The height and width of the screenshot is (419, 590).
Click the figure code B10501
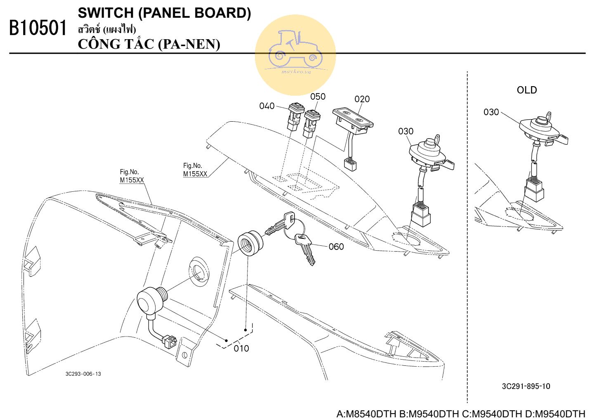38,28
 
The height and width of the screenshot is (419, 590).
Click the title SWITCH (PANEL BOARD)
164,13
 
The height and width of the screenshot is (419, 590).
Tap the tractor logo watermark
295,54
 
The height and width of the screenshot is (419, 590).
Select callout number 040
267,106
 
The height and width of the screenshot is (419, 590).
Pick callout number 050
318,96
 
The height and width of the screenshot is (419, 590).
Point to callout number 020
362,99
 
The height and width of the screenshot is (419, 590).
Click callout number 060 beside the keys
336,247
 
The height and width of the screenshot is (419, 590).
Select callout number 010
241,348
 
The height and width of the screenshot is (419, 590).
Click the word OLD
527,90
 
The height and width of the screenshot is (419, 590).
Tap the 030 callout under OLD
491,112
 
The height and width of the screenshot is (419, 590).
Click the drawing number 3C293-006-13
83,374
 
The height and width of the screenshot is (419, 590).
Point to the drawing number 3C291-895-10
526,386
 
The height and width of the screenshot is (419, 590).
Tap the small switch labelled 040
295,115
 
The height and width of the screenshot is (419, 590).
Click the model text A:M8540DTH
366,414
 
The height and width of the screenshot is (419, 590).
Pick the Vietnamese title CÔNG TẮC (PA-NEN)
149,44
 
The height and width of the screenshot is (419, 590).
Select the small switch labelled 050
310,122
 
